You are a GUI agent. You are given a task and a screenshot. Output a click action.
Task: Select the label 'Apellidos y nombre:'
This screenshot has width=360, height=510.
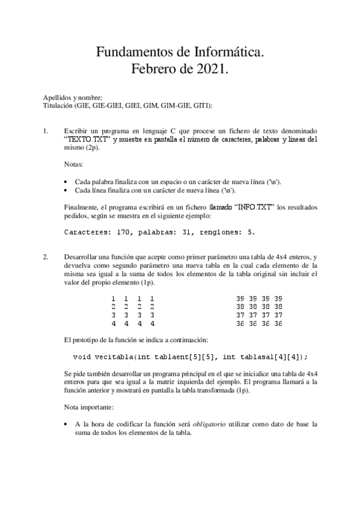73,97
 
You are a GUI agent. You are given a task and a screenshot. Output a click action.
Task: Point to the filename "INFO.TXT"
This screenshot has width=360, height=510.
251,207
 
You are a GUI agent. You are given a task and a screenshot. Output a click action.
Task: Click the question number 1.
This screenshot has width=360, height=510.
45,131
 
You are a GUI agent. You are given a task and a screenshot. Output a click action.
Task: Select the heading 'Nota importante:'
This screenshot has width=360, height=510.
88,407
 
